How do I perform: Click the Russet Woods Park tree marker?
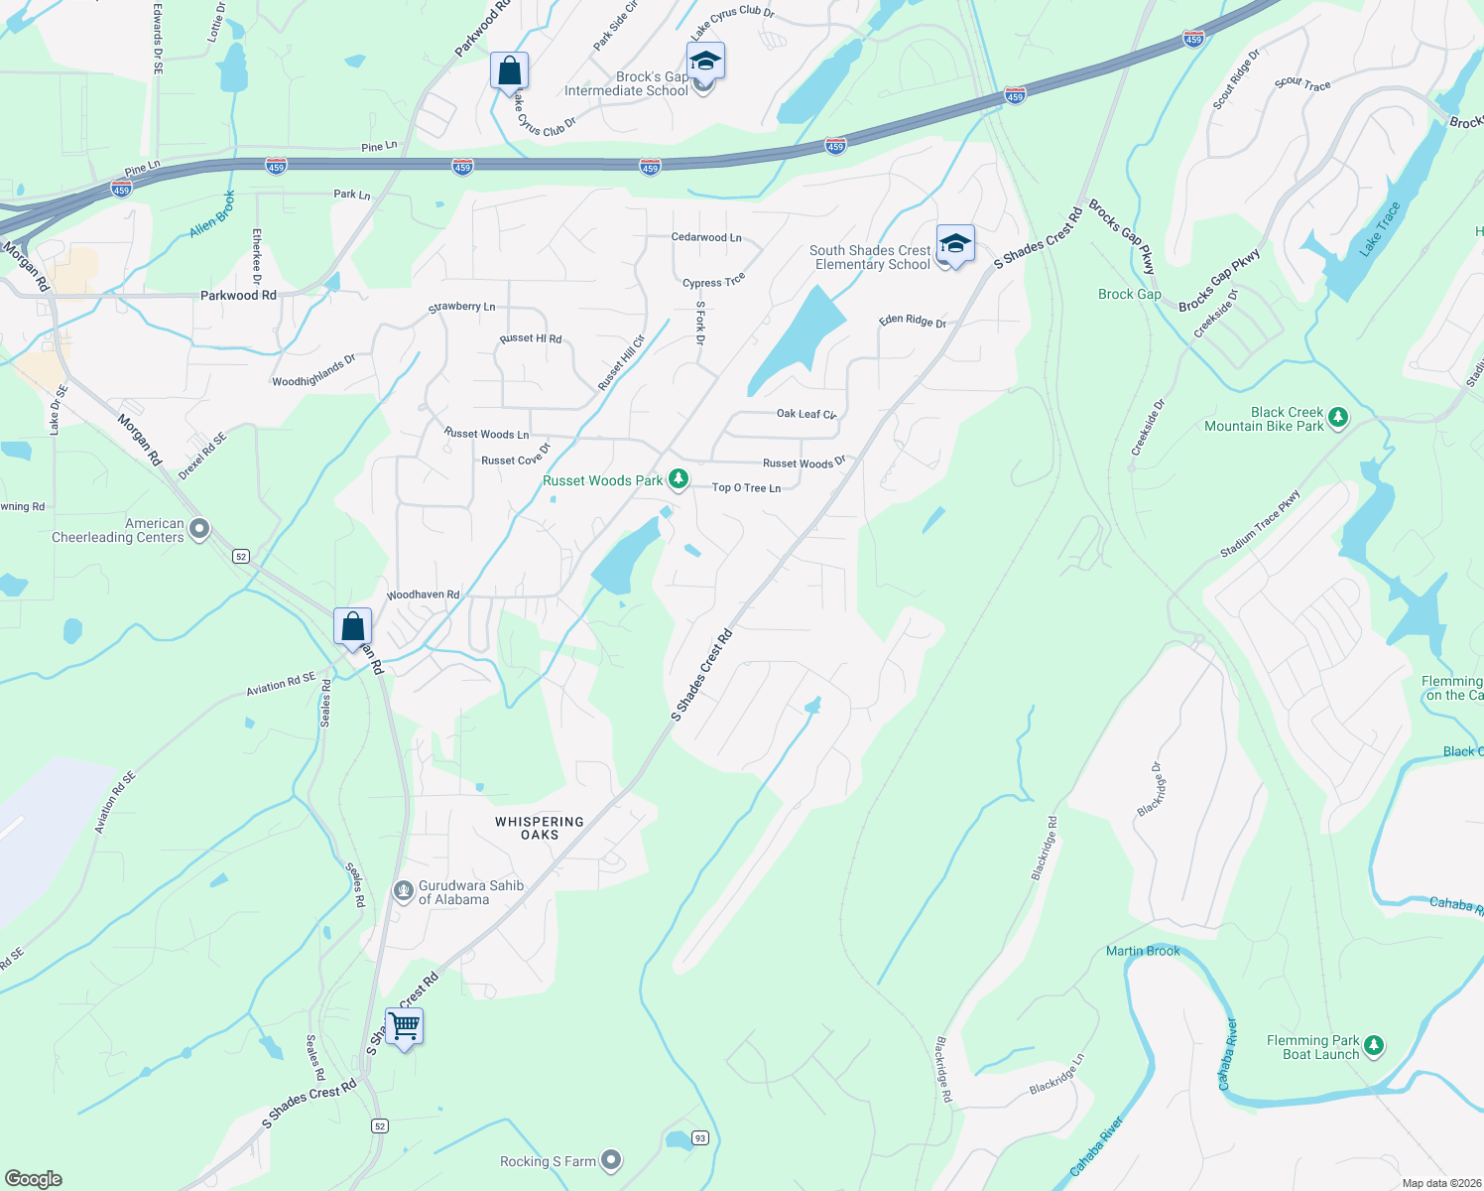point(679,480)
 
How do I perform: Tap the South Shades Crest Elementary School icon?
point(954,243)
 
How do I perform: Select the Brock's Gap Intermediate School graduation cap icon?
point(705,61)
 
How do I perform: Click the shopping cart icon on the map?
point(404,1026)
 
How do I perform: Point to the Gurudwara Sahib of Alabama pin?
point(403,890)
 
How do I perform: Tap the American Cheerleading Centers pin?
point(199,529)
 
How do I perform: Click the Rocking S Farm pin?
point(611,1159)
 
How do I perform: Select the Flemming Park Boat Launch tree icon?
point(1374,1045)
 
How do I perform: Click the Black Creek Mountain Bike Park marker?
point(1338,417)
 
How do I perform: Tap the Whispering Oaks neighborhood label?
point(540,829)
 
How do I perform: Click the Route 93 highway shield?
point(700,1137)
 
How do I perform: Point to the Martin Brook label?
point(1143,951)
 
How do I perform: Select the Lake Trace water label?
point(1380,229)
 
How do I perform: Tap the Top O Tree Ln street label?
point(746,488)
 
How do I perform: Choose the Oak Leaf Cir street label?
point(806,414)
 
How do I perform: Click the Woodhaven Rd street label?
point(423,595)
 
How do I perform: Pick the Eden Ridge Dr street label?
point(913,322)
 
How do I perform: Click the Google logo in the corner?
point(33,1179)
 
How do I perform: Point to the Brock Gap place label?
point(1129,295)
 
